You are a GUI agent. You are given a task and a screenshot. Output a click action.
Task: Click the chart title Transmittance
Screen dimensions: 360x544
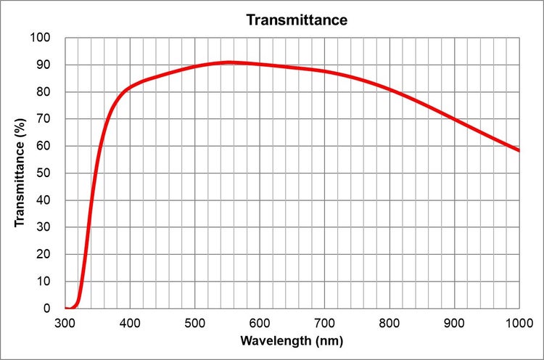click(x=297, y=20)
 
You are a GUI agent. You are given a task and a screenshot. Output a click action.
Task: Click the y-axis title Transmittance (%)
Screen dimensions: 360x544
click(x=20, y=173)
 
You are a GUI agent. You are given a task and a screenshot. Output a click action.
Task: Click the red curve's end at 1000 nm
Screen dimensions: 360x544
click(x=519, y=150)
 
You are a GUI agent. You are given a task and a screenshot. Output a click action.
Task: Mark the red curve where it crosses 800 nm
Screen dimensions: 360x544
click(x=390, y=90)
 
